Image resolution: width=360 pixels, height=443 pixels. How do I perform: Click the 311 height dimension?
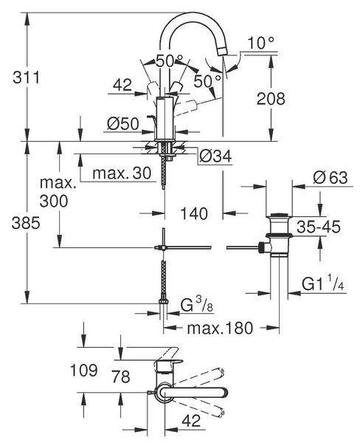27,78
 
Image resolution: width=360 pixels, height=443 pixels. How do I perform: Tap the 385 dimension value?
26,224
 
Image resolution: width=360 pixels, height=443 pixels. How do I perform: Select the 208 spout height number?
271,99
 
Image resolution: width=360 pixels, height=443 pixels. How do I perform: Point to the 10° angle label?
260,44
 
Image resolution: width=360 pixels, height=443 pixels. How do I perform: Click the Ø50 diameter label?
123,124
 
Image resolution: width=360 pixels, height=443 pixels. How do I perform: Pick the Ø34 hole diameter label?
215,157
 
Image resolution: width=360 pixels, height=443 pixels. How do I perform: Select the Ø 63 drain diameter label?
330,178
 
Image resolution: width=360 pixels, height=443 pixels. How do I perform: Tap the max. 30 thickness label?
122,173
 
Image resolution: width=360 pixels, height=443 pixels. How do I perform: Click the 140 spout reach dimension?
194,213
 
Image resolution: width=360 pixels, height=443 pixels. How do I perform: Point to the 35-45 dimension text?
319,227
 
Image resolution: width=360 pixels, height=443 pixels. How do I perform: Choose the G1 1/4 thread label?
322,283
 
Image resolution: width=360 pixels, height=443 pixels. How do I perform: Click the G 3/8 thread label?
197,305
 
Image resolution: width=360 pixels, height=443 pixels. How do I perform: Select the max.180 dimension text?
220,328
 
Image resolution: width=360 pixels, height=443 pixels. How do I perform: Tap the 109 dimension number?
84,370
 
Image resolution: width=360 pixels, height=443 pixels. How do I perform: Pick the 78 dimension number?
121,377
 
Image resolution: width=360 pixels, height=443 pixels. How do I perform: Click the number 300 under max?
54,201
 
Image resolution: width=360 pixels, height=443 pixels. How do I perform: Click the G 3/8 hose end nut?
164,302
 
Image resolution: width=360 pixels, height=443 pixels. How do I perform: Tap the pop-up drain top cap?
279,216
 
